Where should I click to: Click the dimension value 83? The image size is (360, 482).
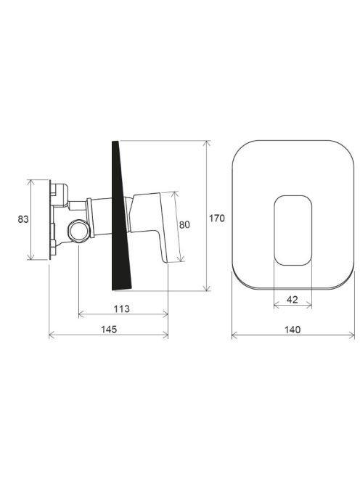[23, 219]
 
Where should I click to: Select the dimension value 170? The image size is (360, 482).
[217, 218]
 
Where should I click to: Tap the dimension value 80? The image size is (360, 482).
[184, 225]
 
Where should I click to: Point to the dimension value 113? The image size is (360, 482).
[122, 309]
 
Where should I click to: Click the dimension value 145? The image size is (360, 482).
[109, 330]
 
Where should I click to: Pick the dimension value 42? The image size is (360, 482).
[292, 299]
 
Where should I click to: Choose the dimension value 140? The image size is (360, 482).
[292, 330]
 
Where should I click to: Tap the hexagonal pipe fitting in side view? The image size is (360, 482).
[79, 231]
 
